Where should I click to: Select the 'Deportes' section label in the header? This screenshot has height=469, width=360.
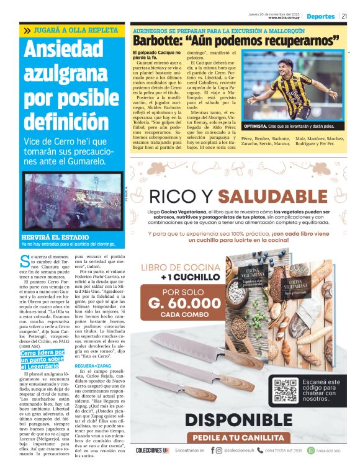[321, 17]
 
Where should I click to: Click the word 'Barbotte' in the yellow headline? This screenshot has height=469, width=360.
[158, 41]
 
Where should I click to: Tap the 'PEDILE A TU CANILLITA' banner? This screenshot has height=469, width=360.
[239, 437]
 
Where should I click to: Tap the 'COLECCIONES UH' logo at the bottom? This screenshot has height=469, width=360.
[151, 450]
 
